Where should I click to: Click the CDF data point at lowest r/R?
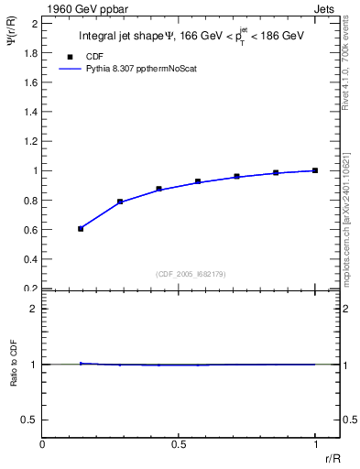coord(81,229)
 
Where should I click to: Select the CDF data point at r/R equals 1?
coord(315,170)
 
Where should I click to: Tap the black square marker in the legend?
coord(70,55)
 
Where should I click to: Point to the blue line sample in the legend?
coord(70,68)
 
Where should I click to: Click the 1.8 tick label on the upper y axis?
coord(29,52)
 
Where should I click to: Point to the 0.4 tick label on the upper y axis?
coord(29,259)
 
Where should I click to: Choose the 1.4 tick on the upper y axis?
coord(29,112)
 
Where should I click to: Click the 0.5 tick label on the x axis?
coord(179,444)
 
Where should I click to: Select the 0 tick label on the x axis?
coord(43,444)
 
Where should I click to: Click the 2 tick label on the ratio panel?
coord(33,309)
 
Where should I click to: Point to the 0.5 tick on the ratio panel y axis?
coord(29,420)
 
